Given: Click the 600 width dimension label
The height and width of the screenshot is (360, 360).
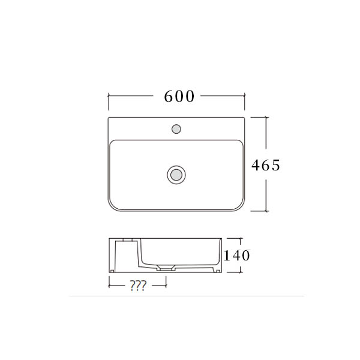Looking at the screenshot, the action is (x=179, y=97).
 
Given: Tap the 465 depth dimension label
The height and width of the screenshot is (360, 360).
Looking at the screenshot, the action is (x=266, y=165).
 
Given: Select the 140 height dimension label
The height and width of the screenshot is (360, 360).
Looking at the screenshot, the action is (x=237, y=256).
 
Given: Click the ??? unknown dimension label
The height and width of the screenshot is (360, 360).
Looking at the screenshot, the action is (x=138, y=286).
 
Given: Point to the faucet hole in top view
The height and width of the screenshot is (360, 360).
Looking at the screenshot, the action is (x=176, y=129).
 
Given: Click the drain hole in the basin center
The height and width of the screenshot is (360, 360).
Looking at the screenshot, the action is (x=176, y=175).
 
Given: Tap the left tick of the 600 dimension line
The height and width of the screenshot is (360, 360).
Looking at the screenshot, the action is (x=109, y=96).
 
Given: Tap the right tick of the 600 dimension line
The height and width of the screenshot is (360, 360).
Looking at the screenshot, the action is (x=245, y=96).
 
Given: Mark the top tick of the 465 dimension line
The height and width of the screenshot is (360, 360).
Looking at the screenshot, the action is (x=266, y=117).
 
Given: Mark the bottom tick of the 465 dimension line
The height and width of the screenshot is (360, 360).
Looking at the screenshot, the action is (x=266, y=211).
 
